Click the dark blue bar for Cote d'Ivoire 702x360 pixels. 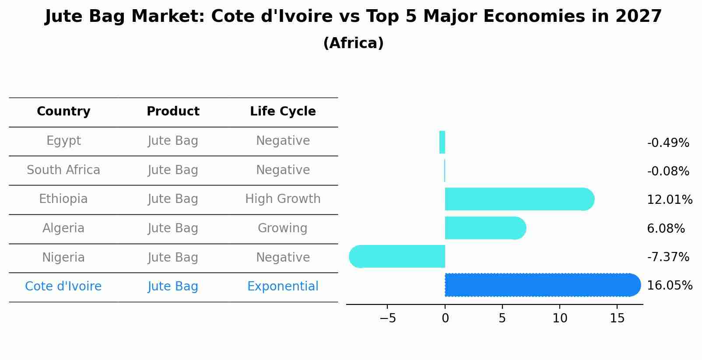(543, 285)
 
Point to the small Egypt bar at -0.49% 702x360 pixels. (442, 142)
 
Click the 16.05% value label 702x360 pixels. (669, 285)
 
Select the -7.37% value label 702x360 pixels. (668, 257)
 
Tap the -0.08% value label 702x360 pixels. (668, 171)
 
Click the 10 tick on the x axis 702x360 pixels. (559, 318)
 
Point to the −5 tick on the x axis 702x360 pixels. (388, 318)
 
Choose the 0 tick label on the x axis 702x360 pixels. (445, 318)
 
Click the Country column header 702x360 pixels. (63, 112)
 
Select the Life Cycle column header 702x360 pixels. (283, 112)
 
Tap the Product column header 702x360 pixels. (173, 112)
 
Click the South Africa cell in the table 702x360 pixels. (63, 170)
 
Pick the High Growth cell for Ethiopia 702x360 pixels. (283, 199)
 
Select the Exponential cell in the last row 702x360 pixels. (283, 287)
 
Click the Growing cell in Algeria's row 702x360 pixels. (283, 228)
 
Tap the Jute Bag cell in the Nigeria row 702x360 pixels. (173, 257)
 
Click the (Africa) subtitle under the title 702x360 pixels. (353, 43)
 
